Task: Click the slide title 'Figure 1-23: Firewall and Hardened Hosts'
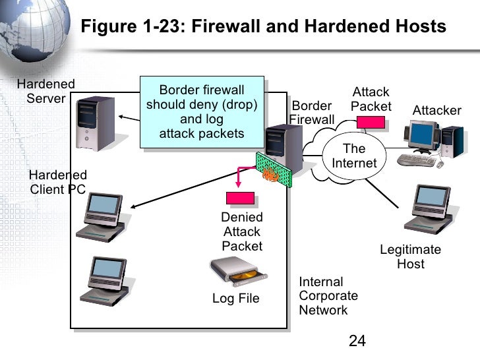tap(263, 27)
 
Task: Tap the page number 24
tap(357, 340)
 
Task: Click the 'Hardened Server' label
tap(45, 92)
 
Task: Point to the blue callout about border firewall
tap(202, 112)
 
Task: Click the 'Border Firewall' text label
tap(311, 113)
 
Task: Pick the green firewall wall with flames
tap(271, 169)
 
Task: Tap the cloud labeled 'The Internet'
tap(353, 156)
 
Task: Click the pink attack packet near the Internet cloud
tap(371, 121)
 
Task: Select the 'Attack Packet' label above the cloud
tap(371, 100)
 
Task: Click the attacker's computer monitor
tap(421, 136)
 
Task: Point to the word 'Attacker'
tap(436, 110)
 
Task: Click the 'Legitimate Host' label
tap(410, 257)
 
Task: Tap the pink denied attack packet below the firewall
tap(240, 198)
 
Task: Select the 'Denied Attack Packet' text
tap(242, 231)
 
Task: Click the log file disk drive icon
tap(234, 270)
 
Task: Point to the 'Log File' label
tap(235, 299)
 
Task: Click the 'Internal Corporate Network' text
tap(328, 296)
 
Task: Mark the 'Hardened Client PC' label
tap(58, 182)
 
